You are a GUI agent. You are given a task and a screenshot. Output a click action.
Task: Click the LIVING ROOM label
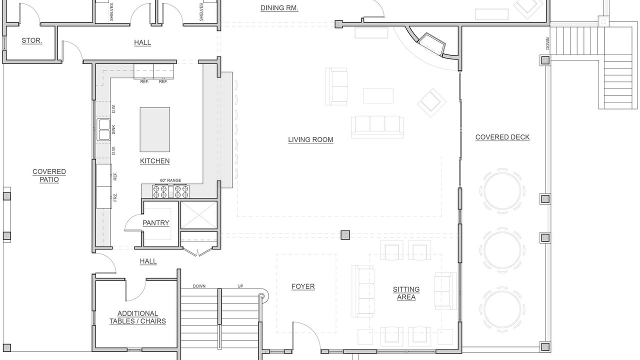pos(310,139)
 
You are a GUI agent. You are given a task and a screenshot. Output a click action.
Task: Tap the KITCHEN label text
pos(155,161)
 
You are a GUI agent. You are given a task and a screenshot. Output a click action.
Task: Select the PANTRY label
pos(155,223)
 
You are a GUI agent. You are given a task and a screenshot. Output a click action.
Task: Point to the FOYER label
pos(303,286)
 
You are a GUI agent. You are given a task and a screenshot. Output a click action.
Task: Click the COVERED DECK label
pos(502,137)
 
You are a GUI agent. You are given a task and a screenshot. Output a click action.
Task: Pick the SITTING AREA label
pos(406,293)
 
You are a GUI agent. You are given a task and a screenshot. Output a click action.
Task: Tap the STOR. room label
pos(32,40)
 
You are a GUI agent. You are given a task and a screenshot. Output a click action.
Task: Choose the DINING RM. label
pos(279,8)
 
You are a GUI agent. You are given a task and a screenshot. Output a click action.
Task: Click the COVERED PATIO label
pos(49,175)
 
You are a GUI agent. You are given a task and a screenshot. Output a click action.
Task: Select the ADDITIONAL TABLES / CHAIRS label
pos(137,317)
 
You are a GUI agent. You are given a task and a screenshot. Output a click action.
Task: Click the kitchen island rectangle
pos(155,129)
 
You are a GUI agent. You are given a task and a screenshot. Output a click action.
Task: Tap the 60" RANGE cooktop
pos(171,191)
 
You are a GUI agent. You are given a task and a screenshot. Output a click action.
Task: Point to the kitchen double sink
pos(103,129)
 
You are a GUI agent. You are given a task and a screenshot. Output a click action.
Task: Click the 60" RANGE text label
pos(170,180)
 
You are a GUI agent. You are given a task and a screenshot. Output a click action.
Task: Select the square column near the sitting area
pos(345,235)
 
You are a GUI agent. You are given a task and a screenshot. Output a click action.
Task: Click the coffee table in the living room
pos(378,95)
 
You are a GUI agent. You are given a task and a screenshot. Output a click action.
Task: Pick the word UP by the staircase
pos(240,286)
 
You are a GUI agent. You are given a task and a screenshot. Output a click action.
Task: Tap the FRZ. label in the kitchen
pos(115,197)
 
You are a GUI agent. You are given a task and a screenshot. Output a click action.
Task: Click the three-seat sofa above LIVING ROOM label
pos(377,127)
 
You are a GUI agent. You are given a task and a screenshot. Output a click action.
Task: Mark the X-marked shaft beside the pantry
pos(199,215)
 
